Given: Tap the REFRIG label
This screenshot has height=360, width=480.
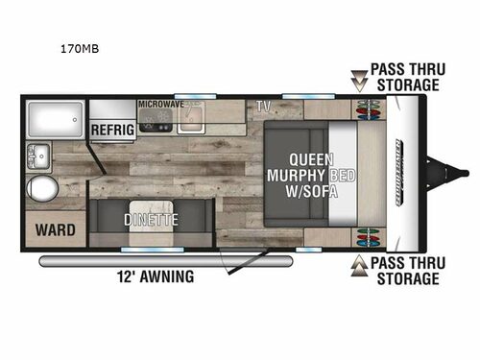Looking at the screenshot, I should click(x=112, y=129).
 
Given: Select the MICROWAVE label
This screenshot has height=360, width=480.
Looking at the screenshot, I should click(x=161, y=102).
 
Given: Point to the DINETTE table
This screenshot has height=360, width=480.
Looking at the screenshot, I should click(x=152, y=219).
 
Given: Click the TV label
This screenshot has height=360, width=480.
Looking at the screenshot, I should click(x=262, y=104).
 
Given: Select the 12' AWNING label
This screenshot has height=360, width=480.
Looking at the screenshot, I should click(x=154, y=277).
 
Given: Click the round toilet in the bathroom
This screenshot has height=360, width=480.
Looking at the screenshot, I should click(x=42, y=187).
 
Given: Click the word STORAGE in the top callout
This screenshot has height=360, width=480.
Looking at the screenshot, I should click(x=407, y=84).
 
